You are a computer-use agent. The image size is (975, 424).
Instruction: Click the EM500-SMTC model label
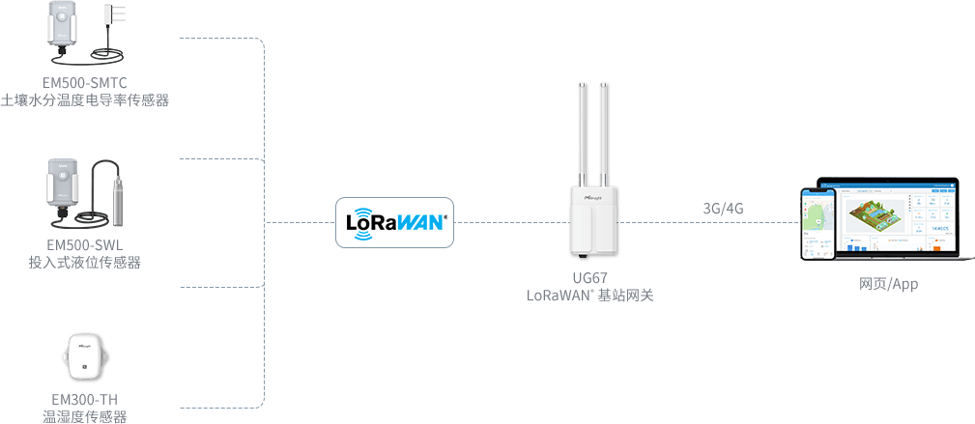pyautogui.click(x=85, y=82)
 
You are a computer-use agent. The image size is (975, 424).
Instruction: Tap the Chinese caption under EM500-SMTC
pyautogui.click(x=85, y=99)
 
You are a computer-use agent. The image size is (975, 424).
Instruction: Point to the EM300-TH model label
pyautogui.click(x=85, y=399)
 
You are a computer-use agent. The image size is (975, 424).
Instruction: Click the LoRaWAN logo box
pyautogui.click(x=394, y=222)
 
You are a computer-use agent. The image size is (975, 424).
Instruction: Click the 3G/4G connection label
pyautogui.click(x=723, y=208)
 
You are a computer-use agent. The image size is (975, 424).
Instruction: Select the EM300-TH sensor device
pyautogui.click(x=84, y=358)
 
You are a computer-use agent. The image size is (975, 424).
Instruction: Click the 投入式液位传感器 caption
pyautogui.click(x=85, y=262)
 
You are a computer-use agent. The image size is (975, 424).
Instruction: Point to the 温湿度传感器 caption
pyautogui.click(x=85, y=416)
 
